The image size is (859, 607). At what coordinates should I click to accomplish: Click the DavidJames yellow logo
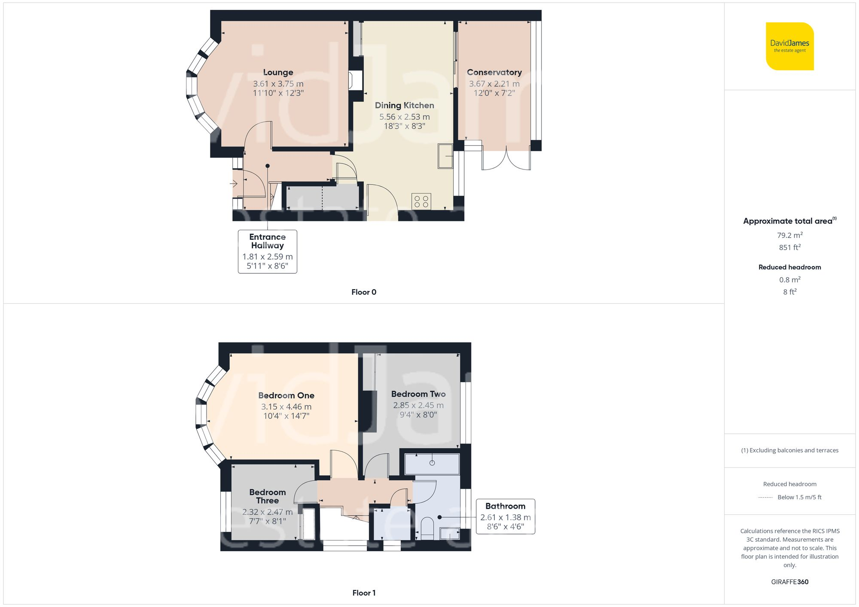[789, 46]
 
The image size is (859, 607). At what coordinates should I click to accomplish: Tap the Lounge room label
[278, 72]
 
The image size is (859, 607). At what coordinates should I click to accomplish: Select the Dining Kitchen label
[404, 106]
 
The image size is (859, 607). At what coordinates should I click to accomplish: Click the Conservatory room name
[494, 72]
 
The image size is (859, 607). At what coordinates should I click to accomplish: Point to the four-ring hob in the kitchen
[421, 202]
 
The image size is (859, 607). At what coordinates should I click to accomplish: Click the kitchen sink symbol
[445, 156]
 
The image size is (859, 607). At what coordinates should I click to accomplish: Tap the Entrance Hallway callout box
[267, 251]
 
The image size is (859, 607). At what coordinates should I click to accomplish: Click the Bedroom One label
[286, 396]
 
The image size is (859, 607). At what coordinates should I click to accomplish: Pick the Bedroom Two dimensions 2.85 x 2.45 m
[418, 405]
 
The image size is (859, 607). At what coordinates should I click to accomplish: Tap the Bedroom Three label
[267, 496]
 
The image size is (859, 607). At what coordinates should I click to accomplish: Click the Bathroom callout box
[505, 516]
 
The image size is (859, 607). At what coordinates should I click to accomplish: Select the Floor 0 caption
[363, 292]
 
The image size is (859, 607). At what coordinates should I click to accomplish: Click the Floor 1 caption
[363, 593]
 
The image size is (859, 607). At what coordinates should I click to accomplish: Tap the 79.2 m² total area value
[789, 235]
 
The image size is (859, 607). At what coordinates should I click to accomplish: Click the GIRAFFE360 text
[789, 582]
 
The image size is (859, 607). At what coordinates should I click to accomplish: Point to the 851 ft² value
[789, 248]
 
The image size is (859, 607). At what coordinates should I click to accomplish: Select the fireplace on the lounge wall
[356, 80]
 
